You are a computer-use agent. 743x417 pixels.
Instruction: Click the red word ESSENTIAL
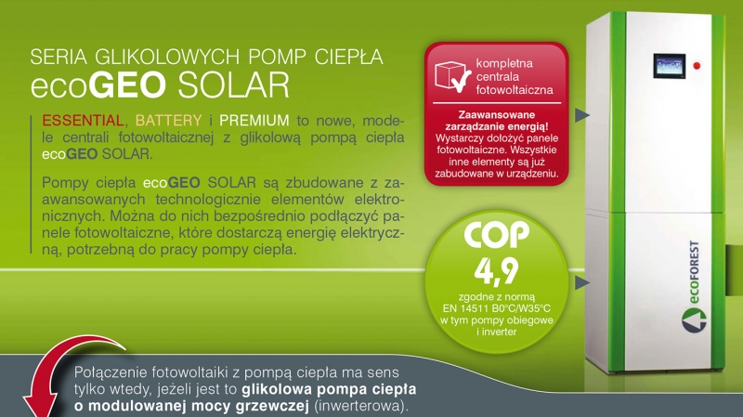pos(83,121)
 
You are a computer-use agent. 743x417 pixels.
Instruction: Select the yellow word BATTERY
pos(169,121)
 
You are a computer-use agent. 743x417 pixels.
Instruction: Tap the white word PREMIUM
pos(254,121)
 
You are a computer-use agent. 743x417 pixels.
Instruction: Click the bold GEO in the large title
pos(127,85)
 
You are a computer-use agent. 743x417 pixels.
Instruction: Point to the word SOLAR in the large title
pos(233,85)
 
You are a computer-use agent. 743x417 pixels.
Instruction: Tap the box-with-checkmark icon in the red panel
pos(452,76)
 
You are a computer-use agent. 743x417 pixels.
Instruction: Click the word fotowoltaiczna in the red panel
pos(515,90)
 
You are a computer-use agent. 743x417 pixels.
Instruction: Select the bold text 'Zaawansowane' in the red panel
pos(497,114)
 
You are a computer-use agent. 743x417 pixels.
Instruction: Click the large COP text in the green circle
pos(496,234)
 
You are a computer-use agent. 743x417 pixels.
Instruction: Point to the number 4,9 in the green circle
pos(496,271)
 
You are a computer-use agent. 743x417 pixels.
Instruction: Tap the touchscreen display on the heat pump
pos(669,66)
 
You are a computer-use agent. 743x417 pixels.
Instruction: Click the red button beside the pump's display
pos(697,65)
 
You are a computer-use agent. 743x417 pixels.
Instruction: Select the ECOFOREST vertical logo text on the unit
pos(693,272)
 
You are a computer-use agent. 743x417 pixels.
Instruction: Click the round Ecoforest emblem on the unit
pos(694,319)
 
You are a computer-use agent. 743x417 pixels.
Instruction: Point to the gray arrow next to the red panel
pos(582,114)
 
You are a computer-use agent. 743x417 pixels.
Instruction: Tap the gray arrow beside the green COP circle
pos(582,283)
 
